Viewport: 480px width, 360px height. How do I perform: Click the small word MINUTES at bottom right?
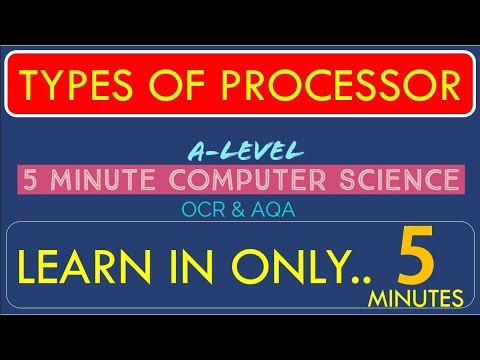click(x=418, y=298)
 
